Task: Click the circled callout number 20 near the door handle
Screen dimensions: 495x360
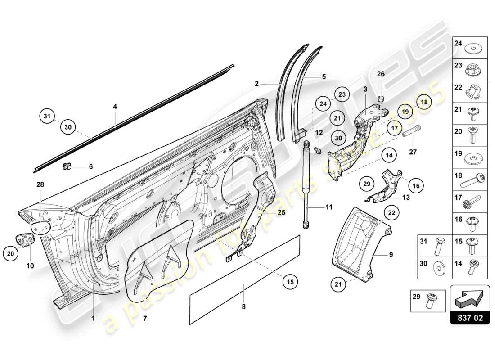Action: pos(11,254)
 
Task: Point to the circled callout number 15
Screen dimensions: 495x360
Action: pos(291,282)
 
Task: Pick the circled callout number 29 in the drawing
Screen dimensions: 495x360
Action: pos(367,184)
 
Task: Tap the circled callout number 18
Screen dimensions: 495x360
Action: pos(423,102)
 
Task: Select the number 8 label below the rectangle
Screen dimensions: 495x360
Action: pos(243,307)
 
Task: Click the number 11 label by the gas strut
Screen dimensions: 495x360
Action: pos(329,207)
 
